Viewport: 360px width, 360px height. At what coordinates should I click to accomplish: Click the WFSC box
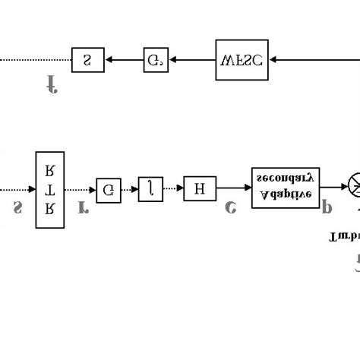point(242,58)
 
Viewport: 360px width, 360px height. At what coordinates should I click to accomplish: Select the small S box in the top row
point(87,59)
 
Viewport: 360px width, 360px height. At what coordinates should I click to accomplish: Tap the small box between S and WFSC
point(155,59)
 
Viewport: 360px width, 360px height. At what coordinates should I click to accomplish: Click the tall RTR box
point(50,189)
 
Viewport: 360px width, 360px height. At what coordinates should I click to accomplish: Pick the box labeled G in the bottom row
point(108,189)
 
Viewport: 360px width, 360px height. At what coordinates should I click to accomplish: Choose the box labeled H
point(200,188)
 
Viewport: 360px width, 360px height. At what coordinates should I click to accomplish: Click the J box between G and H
point(150,188)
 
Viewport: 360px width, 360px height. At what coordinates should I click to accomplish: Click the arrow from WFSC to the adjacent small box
point(192,59)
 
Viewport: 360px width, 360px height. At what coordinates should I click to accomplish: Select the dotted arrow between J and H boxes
point(173,188)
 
